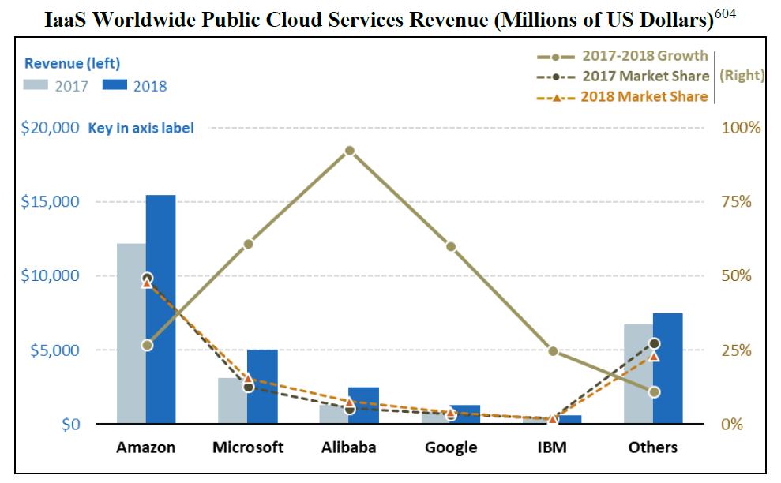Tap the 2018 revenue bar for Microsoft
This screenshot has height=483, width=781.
tap(262, 387)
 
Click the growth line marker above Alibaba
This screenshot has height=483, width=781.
tap(349, 151)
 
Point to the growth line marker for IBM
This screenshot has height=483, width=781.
tap(553, 351)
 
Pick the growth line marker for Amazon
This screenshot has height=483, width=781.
tap(147, 345)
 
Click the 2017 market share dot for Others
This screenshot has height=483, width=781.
tap(654, 343)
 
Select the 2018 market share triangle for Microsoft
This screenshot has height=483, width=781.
tap(248, 378)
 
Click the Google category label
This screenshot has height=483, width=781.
tap(451, 447)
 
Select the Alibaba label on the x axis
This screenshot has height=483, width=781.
tap(349, 447)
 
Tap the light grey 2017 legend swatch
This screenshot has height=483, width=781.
tap(36, 85)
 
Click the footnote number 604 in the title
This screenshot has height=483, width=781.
tap(726, 13)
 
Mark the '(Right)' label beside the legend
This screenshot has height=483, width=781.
tap(742, 76)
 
